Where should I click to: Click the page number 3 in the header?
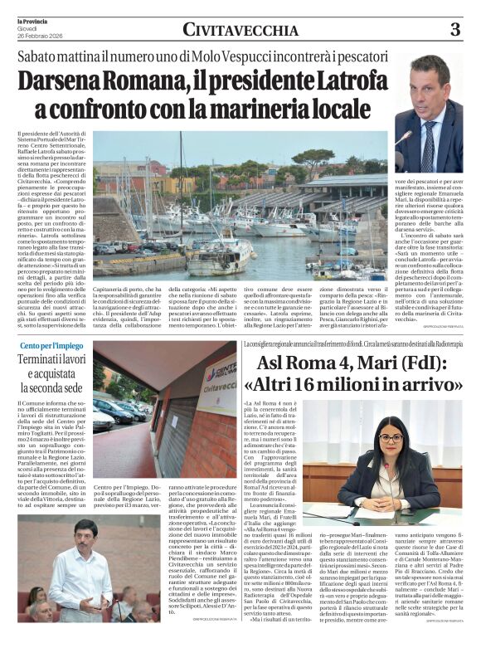coord(455,30)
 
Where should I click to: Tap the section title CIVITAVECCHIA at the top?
coord(240,31)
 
